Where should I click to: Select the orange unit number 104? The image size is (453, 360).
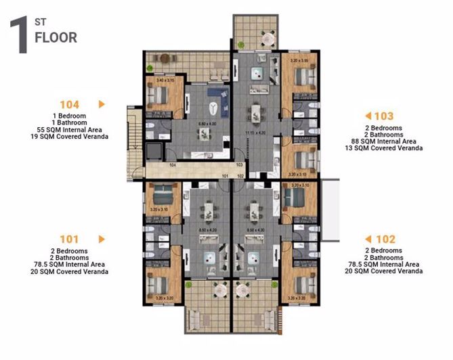click(70, 104)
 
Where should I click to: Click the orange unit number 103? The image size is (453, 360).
click(384, 116)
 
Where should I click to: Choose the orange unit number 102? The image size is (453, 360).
click(386, 239)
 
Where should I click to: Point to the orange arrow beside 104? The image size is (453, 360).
click(102, 104)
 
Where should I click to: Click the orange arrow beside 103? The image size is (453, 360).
click(368, 116)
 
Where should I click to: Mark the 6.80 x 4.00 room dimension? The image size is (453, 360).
click(207, 124)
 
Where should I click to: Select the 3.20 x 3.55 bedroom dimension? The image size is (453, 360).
click(299, 60)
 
